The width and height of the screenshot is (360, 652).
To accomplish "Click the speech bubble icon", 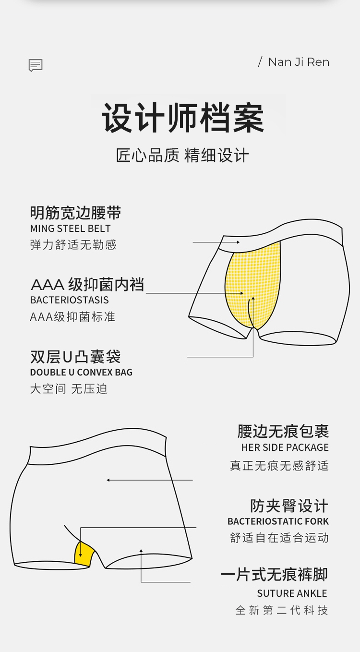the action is coord(36,65).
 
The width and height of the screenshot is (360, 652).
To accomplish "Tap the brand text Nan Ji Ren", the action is coord(299,62).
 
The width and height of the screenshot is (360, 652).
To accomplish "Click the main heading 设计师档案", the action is coord(182,118).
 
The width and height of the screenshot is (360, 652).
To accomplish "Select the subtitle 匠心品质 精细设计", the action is coord(182,155).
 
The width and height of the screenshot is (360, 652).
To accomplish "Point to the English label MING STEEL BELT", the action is coord(71,229).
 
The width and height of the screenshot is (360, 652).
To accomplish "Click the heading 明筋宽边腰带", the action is coord(76,213).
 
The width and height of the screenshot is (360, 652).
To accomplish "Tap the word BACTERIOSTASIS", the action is coord(70,300).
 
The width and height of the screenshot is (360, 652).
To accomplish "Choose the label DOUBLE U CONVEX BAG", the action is coord(81,372).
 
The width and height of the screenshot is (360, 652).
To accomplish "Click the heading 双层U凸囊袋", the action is coord(75,357).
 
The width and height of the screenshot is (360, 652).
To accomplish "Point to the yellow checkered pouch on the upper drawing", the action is coord(252,285).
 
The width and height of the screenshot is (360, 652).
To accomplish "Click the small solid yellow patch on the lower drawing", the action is coord(84,554).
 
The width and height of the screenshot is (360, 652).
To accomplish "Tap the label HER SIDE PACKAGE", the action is coord(285,447).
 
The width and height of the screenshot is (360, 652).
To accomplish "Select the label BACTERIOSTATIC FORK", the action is coord(278,521).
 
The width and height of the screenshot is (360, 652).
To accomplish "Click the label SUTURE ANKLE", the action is coord(292,593).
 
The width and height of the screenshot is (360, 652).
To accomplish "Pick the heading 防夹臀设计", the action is coord(289,506).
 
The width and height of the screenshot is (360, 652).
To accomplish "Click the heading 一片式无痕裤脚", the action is coord(275,574).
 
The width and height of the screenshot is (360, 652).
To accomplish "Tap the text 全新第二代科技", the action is coord(282,610).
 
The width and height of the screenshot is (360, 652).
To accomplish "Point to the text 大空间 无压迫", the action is coord(69,389).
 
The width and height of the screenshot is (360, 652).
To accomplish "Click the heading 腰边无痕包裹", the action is coord(283,431).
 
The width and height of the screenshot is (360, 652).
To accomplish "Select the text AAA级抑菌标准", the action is coord(73,317).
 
